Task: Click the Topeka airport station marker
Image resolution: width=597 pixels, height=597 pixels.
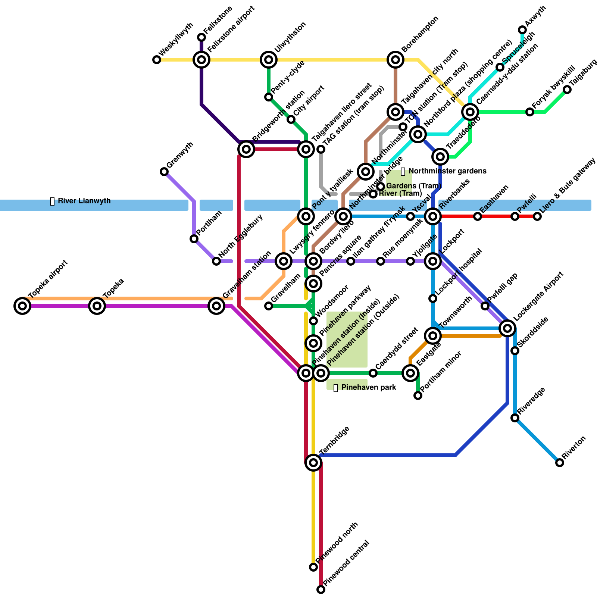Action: (x=22, y=306)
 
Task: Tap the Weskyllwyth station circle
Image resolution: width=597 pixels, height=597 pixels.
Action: (x=157, y=60)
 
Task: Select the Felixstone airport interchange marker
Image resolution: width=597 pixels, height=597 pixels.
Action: (x=201, y=60)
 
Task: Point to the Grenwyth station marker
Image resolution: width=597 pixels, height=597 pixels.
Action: (x=164, y=172)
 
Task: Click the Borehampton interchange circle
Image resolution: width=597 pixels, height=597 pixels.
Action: (x=396, y=60)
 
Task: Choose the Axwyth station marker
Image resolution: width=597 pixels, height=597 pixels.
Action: (x=522, y=30)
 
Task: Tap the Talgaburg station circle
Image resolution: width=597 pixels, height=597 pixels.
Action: (x=567, y=90)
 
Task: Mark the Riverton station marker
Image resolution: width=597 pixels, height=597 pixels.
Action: (x=560, y=463)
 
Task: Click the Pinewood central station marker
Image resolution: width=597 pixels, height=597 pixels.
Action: (x=321, y=590)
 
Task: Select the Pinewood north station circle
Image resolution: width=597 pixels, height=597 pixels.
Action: (x=313, y=567)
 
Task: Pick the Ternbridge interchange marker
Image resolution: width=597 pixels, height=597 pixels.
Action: (x=313, y=463)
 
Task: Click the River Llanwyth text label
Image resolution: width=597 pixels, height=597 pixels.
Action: (x=84, y=201)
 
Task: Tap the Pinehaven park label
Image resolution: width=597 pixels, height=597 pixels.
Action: (x=368, y=388)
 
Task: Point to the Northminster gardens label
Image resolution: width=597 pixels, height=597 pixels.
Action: (x=447, y=171)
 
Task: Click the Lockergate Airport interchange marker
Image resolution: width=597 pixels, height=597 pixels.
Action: (x=507, y=328)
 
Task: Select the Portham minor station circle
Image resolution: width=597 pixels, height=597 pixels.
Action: (x=418, y=396)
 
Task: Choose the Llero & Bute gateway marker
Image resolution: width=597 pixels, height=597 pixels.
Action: (x=537, y=216)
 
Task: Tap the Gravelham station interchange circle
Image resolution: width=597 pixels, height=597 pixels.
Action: (x=216, y=306)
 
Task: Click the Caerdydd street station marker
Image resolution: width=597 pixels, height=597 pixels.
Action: (x=373, y=373)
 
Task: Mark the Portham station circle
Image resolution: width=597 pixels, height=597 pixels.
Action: (x=194, y=239)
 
